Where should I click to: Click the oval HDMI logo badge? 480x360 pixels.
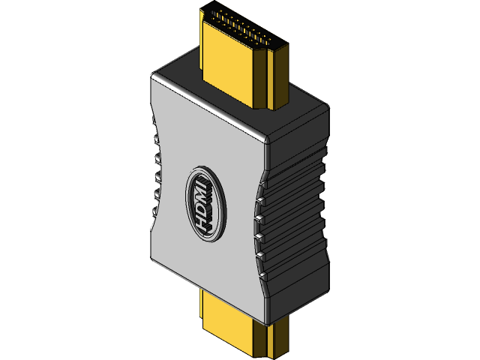(203, 202)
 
